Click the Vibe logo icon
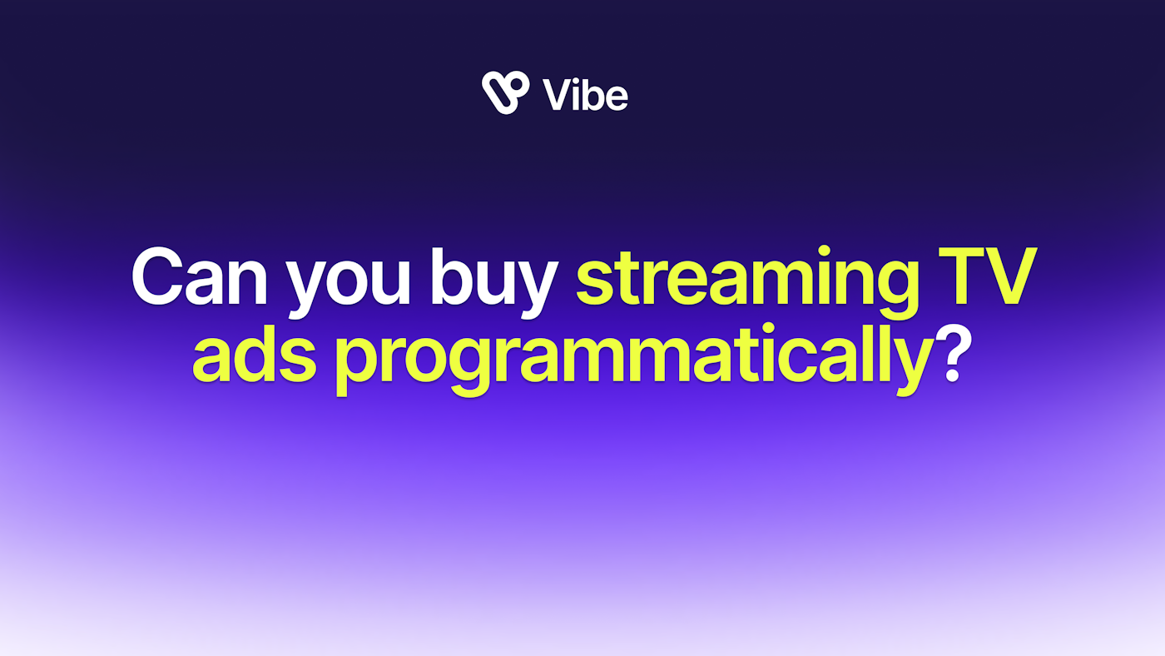pyautogui.click(x=506, y=92)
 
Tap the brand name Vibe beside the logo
pyautogui.click(x=585, y=95)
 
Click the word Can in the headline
pyautogui.click(x=200, y=276)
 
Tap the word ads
pyautogui.click(x=255, y=353)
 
